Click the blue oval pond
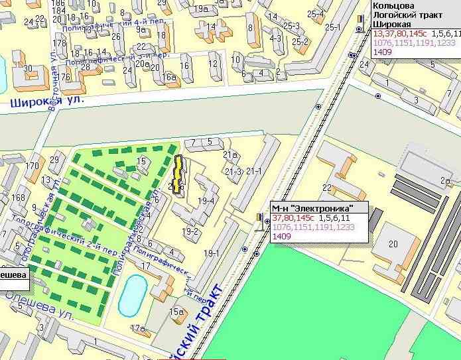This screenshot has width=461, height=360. [x=133, y=296]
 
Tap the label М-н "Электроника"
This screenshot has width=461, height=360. [x=312, y=208]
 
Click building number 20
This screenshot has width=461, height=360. [x=393, y=244]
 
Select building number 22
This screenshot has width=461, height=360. [x=327, y=188]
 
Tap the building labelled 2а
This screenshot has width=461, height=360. [x=445, y=180]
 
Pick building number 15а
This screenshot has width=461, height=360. [x=176, y=312]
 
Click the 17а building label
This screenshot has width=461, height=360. [x=138, y=328]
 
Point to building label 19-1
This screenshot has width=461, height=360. [x=212, y=253]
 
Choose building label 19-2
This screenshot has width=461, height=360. [x=191, y=231]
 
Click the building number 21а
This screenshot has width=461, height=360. [x=230, y=155]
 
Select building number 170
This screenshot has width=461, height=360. [x=32, y=165]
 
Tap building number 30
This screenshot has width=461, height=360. [x=27, y=68]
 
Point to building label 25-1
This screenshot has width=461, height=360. [x=333, y=27]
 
